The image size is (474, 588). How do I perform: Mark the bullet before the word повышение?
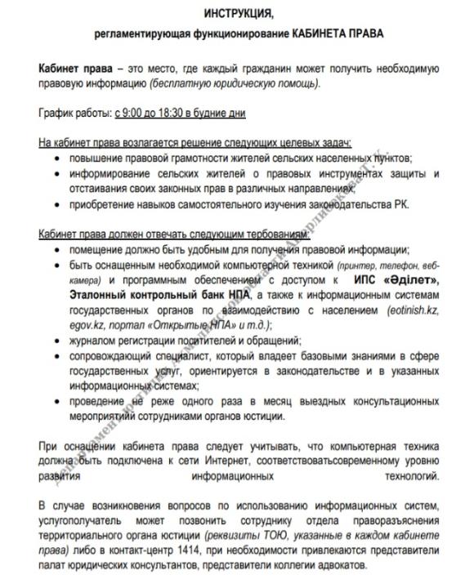pyautogui.click(x=56, y=158)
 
